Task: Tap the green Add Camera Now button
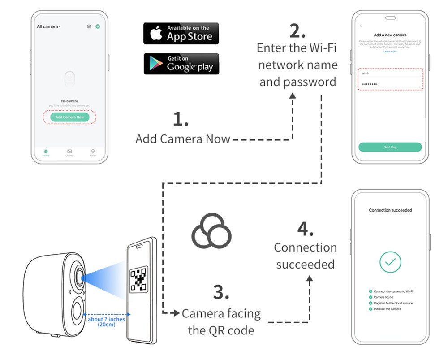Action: pyautogui.click(x=69, y=117)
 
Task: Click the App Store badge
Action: pyautogui.click(x=181, y=34)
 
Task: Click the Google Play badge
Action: pyautogui.click(x=181, y=64)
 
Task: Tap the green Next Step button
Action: pyautogui.click(x=390, y=147)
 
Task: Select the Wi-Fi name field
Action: pyautogui.click(x=390, y=74)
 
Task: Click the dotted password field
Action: pyautogui.click(x=390, y=84)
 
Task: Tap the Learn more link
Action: pyautogui.click(x=390, y=52)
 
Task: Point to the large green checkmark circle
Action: pyautogui.click(x=390, y=262)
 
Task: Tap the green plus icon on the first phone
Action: pyautogui.click(x=98, y=27)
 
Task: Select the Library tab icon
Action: pyautogui.click(x=69, y=152)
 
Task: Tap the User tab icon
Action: pyautogui.click(x=93, y=152)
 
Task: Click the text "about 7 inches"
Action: pyautogui.click(x=106, y=319)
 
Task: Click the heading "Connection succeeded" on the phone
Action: pyautogui.click(x=390, y=210)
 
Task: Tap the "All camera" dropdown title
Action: pyautogui.click(x=48, y=27)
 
